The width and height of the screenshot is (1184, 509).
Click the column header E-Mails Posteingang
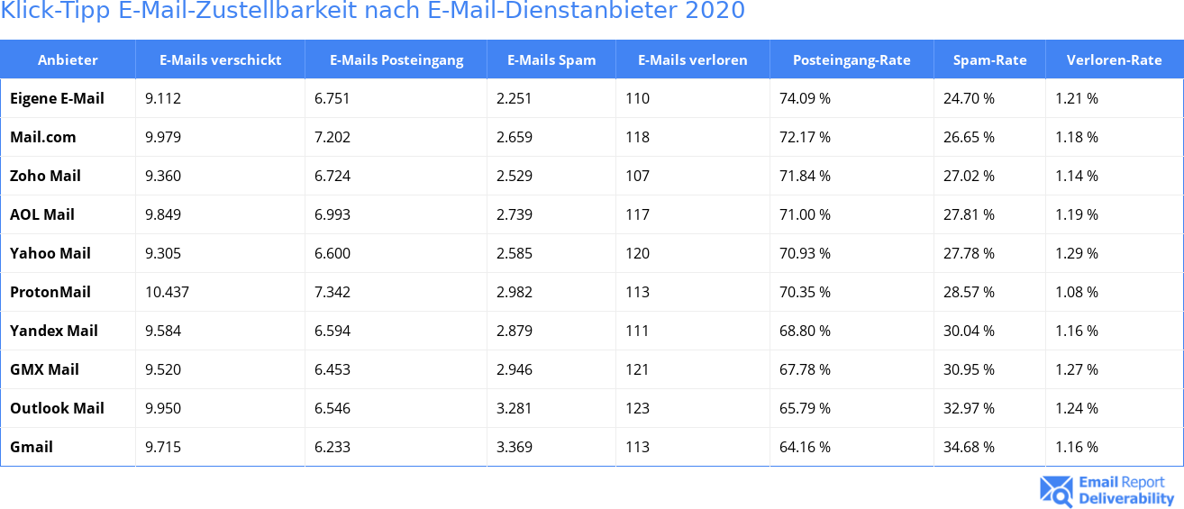click(x=396, y=60)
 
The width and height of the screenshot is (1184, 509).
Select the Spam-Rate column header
click(x=989, y=60)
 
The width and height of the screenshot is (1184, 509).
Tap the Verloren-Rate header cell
click(x=1114, y=60)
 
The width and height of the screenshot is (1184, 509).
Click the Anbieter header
click(x=68, y=60)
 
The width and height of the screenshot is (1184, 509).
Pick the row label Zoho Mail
click(x=45, y=176)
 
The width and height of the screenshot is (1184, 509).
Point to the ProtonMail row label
click(x=50, y=292)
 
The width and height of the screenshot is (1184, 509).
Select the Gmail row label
click(x=32, y=447)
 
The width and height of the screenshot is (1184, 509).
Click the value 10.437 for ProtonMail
click(x=167, y=292)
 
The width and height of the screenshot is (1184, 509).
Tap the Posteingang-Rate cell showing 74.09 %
click(x=805, y=98)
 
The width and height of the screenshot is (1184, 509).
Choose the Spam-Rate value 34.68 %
click(x=969, y=447)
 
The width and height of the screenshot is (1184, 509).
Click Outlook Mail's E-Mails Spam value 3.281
click(x=514, y=408)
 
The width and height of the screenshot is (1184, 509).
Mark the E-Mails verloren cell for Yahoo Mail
click(x=637, y=253)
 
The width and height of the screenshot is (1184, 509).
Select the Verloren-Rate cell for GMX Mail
click(x=1076, y=369)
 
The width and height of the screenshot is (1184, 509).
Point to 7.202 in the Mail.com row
click(x=332, y=137)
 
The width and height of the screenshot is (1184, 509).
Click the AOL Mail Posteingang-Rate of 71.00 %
click(x=805, y=214)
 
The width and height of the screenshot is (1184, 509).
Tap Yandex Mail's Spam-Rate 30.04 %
click(x=969, y=331)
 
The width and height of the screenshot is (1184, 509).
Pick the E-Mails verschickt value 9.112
click(x=162, y=98)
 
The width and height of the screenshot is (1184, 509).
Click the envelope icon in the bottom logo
click(x=1056, y=490)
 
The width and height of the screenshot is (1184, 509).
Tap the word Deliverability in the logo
click(x=1126, y=498)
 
